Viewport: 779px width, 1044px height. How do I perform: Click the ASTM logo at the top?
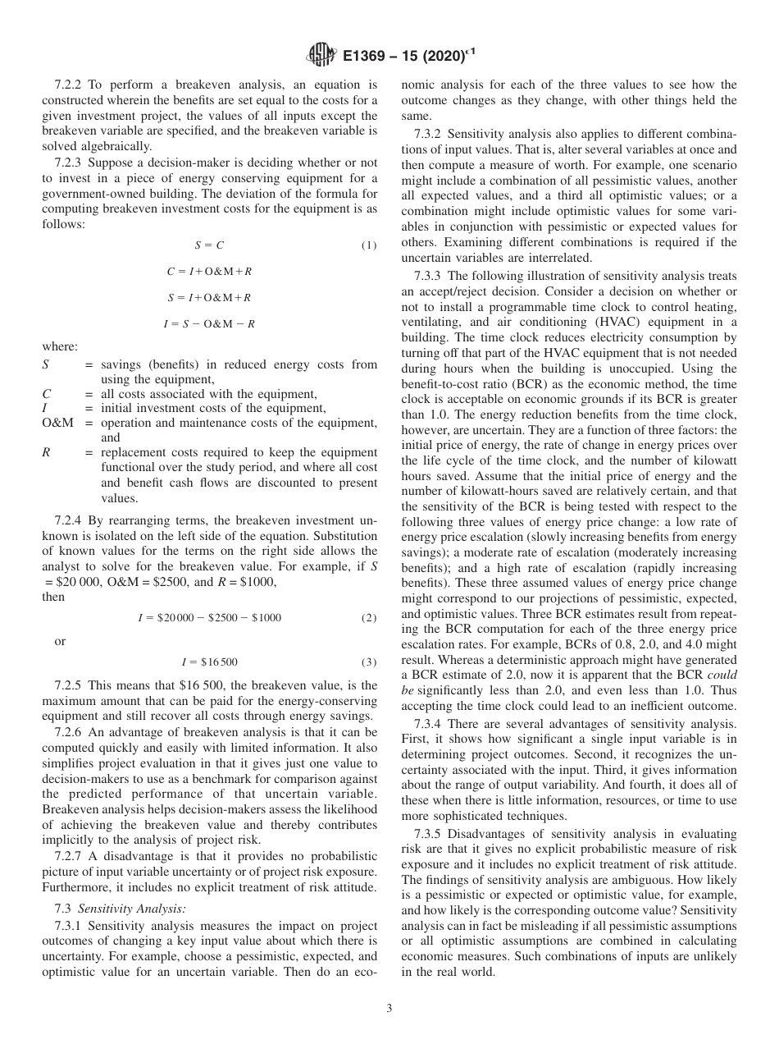click(320, 56)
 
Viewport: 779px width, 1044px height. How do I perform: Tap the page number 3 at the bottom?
click(389, 1009)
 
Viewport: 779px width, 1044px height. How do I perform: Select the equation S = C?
click(209, 245)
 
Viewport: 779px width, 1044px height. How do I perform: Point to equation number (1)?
click(369, 245)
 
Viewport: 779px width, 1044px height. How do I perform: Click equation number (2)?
click(369, 617)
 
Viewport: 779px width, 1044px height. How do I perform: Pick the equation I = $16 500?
click(209, 662)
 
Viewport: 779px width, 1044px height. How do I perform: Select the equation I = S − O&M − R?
click(209, 323)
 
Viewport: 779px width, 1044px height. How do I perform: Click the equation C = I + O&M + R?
click(209, 271)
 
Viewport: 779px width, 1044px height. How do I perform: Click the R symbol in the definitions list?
click(45, 452)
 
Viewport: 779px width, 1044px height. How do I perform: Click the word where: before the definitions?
click(60, 347)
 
